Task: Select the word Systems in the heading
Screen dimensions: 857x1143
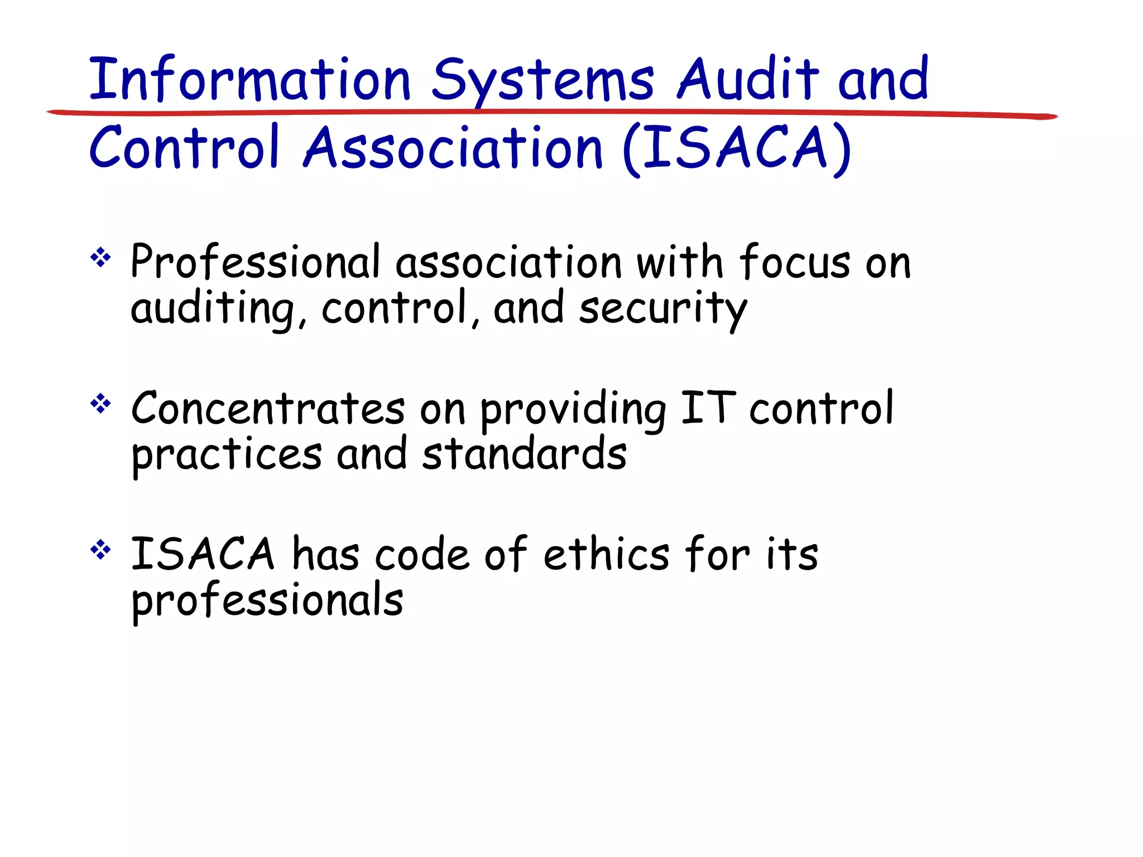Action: click(542, 81)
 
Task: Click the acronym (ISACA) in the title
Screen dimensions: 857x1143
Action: click(737, 148)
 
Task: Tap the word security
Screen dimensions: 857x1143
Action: click(662, 309)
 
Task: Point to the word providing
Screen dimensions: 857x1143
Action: click(573, 410)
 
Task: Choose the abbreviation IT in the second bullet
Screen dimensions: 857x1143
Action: click(708, 407)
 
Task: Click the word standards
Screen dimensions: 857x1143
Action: click(524, 454)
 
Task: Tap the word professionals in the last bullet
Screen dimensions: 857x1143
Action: click(267, 601)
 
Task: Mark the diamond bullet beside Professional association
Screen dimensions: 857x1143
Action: click(100, 258)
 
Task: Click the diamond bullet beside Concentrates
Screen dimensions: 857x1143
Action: click(100, 403)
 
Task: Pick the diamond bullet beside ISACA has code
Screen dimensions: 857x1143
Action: click(100, 550)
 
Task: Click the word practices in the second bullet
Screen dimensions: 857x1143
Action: click(227, 455)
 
